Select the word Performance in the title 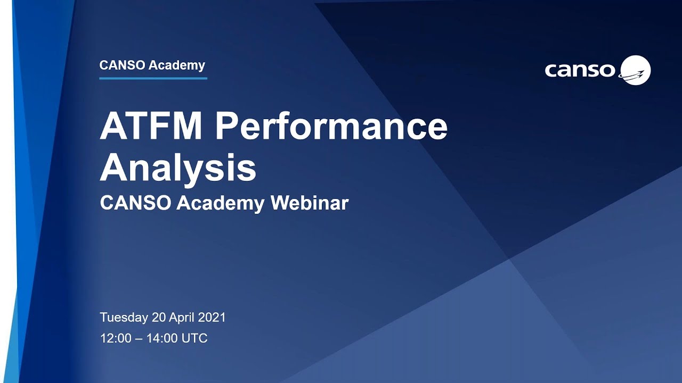(331, 127)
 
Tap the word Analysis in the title (178, 168)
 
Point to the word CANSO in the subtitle (135, 203)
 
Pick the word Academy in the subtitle (221, 203)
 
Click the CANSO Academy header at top (152, 65)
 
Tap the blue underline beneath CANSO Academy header (153, 78)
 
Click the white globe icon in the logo (636, 70)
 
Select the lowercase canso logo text (580, 70)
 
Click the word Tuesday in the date (124, 318)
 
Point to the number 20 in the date (159, 318)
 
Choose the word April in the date (182, 318)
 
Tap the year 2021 (212, 318)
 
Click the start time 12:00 (116, 338)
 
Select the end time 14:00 (162, 338)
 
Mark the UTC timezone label (194, 338)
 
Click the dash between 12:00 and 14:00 (139, 338)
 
